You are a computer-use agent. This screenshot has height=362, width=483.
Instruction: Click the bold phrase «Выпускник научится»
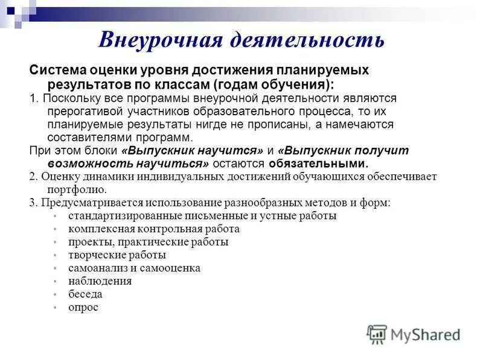coord(193,150)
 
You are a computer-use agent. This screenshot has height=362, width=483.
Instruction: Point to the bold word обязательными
coord(318,164)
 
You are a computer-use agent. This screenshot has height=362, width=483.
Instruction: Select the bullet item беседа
coord(85,294)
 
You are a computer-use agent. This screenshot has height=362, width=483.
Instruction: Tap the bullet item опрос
coord(83,307)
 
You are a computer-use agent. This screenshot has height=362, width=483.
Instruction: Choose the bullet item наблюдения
coord(100,281)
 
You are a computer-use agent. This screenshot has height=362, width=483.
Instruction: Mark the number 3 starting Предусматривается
coord(32,203)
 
